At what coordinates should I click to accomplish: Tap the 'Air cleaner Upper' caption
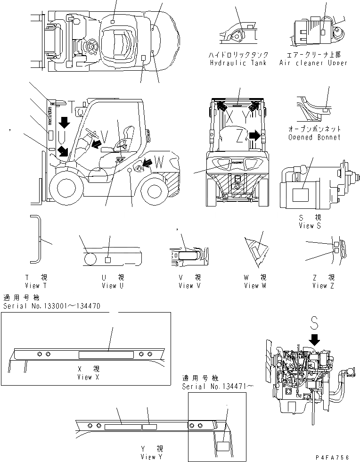313,63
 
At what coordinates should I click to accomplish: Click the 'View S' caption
310,226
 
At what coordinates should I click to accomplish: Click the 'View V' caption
186,285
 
